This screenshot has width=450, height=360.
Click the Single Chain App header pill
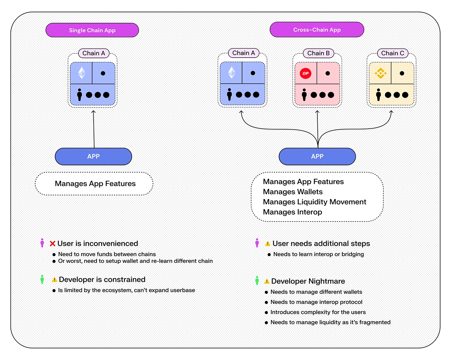(92, 30)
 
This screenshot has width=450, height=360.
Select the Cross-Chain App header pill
(317, 30)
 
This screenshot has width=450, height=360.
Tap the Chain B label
(318, 53)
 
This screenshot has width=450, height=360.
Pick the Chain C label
(393, 53)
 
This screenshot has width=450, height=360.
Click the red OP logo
(305, 73)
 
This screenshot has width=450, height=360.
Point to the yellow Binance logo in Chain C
(380, 73)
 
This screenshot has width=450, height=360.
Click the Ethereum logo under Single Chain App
(82, 73)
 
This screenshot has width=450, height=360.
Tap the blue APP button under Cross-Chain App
(317, 156)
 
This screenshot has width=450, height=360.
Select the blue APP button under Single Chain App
(93, 156)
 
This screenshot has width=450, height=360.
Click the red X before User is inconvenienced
(52, 244)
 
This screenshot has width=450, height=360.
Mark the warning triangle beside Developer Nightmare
(267, 281)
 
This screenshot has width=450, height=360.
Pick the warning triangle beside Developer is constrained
(54, 280)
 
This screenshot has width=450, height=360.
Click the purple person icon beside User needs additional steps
(257, 243)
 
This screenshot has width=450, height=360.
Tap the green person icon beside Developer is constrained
(42, 279)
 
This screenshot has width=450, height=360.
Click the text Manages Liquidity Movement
(314, 202)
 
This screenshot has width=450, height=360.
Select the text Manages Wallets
(293, 192)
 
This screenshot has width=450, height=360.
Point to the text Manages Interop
(292, 212)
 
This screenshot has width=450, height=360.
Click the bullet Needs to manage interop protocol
(316, 302)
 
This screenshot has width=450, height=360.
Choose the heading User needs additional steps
(321, 244)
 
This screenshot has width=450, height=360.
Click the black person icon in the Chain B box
(304, 94)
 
